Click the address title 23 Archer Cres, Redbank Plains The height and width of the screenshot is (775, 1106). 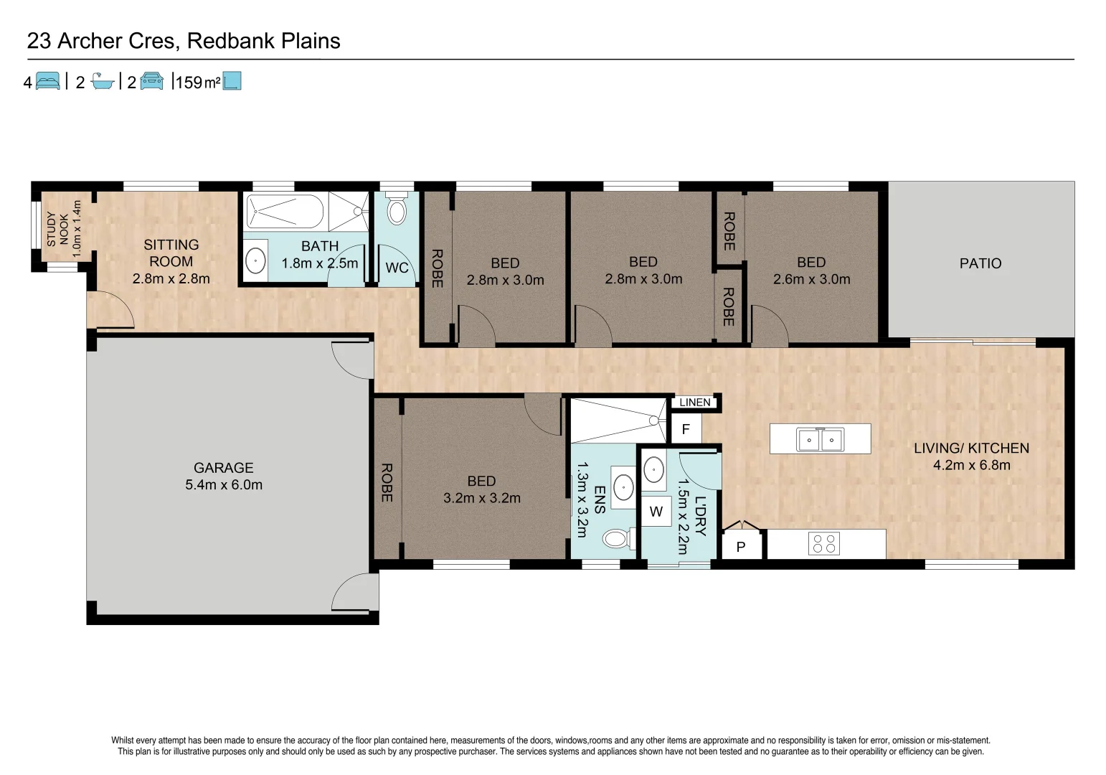point(184,41)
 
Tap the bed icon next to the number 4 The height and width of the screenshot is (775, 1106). point(47,81)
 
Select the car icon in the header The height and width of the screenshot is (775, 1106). point(151,81)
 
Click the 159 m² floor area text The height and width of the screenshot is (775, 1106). point(197,83)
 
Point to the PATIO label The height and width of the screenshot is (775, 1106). point(980,263)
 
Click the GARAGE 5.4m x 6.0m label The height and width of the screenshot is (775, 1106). point(224,476)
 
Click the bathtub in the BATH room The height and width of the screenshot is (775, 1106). point(285,212)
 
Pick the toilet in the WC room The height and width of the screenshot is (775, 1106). point(397,210)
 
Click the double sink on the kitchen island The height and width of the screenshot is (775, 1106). point(820,439)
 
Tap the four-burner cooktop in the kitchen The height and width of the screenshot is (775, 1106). point(824,544)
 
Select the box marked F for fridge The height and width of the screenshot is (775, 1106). point(686,430)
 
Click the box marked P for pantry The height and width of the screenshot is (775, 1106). point(741,547)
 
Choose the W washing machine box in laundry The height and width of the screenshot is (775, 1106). point(656,512)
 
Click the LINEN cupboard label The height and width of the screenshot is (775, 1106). point(694,403)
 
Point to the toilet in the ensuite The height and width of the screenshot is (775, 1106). point(615,537)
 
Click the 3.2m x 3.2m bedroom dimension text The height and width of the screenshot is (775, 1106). point(482,498)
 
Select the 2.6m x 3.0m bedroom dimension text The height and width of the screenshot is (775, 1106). point(811,280)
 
